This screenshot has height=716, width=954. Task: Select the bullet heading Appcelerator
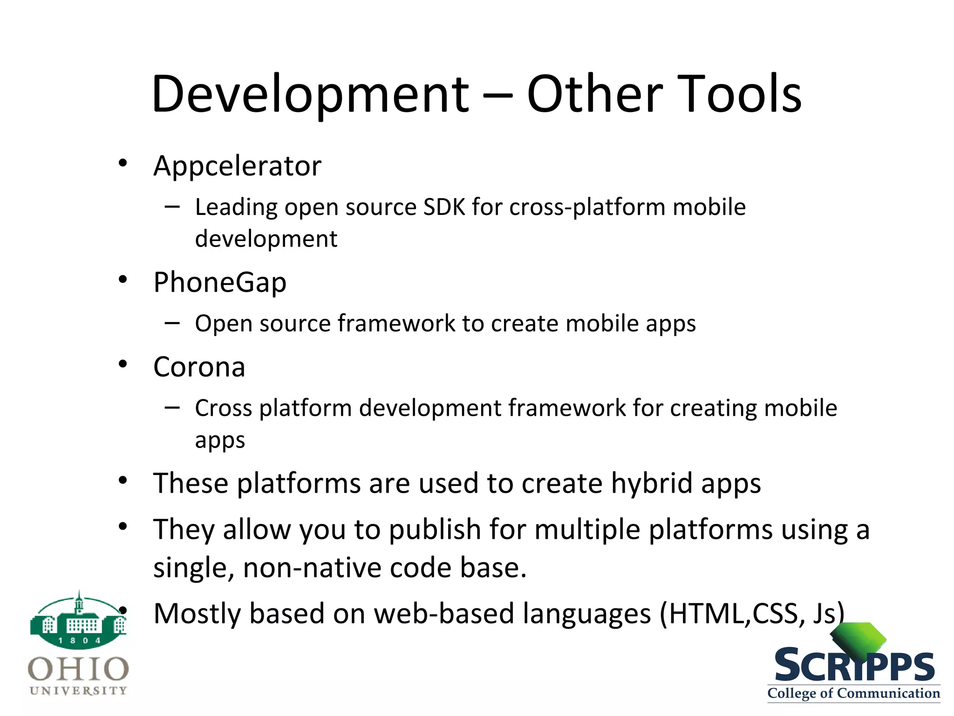[x=237, y=166]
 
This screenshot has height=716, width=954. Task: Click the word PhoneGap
[x=220, y=283]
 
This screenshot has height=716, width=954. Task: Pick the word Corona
[x=199, y=367]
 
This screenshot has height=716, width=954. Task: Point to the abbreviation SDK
[x=444, y=207]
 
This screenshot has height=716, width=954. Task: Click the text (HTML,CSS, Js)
[x=752, y=614]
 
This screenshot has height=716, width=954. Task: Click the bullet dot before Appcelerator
[x=123, y=163]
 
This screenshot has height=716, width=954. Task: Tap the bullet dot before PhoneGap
[x=123, y=280]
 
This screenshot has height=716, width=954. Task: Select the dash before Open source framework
[x=172, y=323]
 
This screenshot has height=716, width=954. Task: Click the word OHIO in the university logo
[x=78, y=669]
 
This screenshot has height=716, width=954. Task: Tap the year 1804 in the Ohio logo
[x=79, y=641]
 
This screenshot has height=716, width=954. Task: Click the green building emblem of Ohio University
[x=78, y=620]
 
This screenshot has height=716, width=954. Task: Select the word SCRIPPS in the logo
[x=854, y=666]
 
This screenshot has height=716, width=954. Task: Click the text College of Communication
[x=853, y=693]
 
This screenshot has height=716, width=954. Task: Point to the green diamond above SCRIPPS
[x=858, y=638]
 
